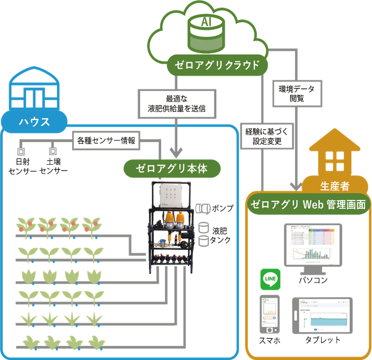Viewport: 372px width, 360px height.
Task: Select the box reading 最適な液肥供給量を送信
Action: pos(176,104)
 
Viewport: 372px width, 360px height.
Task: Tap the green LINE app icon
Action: pos(270,280)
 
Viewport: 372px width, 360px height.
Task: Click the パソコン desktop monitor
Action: pos(312,246)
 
